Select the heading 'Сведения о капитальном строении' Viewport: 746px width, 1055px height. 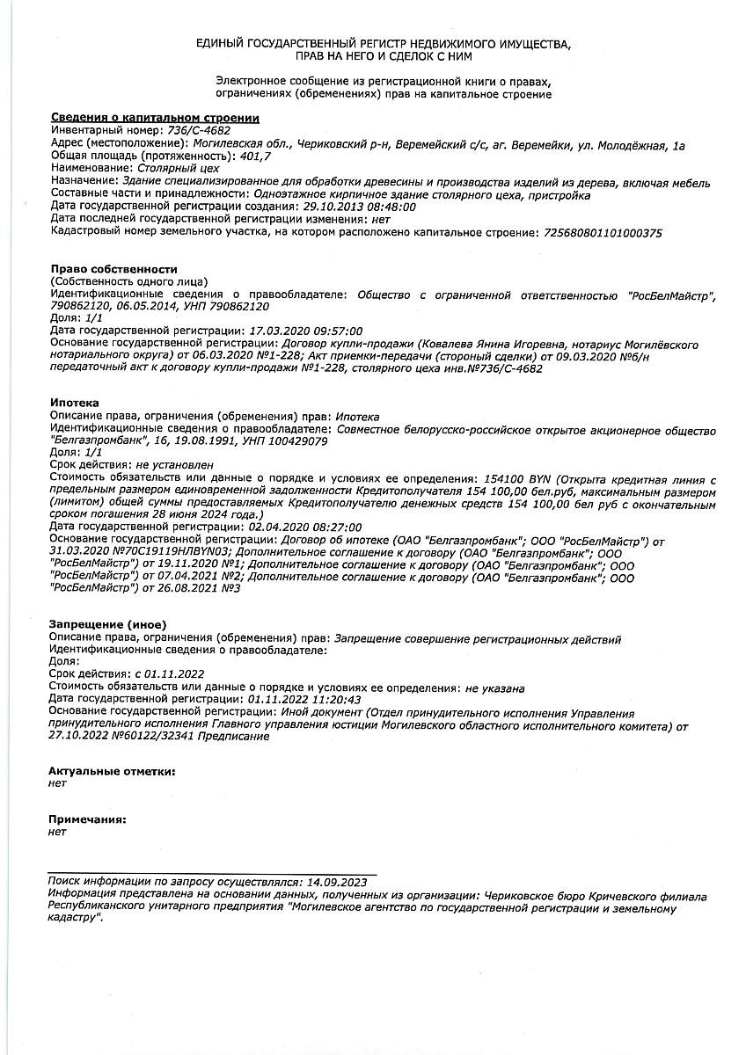point(155,118)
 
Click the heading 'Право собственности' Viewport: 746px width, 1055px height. point(114,269)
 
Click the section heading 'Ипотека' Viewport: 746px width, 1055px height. point(75,403)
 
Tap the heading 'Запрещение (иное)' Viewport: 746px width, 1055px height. point(108,624)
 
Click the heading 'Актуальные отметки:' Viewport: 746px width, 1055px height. point(113,771)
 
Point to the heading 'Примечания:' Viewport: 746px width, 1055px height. point(88,819)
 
